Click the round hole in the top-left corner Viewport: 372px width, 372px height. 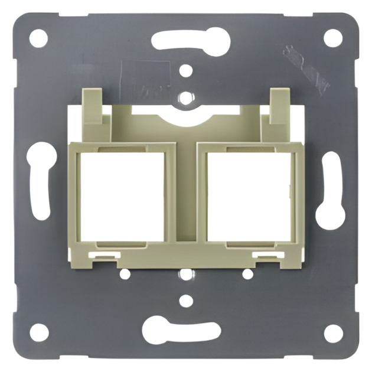(x=38, y=38)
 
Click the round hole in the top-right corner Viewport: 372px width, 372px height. (x=333, y=38)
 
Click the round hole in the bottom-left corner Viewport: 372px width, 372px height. (x=39, y=332)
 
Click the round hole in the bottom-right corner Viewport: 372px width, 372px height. (x=333, y=332)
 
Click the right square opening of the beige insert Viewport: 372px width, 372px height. (x=249, y=197)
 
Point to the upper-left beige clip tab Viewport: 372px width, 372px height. (x=93, y=106)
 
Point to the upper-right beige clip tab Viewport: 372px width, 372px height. (x=279, y=106)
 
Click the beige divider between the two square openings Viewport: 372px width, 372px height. (x=185, y=195)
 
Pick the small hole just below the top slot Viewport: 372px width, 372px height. (x=186, y=71)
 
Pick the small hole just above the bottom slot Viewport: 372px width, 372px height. (x=186, y=301)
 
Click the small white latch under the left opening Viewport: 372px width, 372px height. (x=106, y=255)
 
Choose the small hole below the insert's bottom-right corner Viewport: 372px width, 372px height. (x=248, y=274)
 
